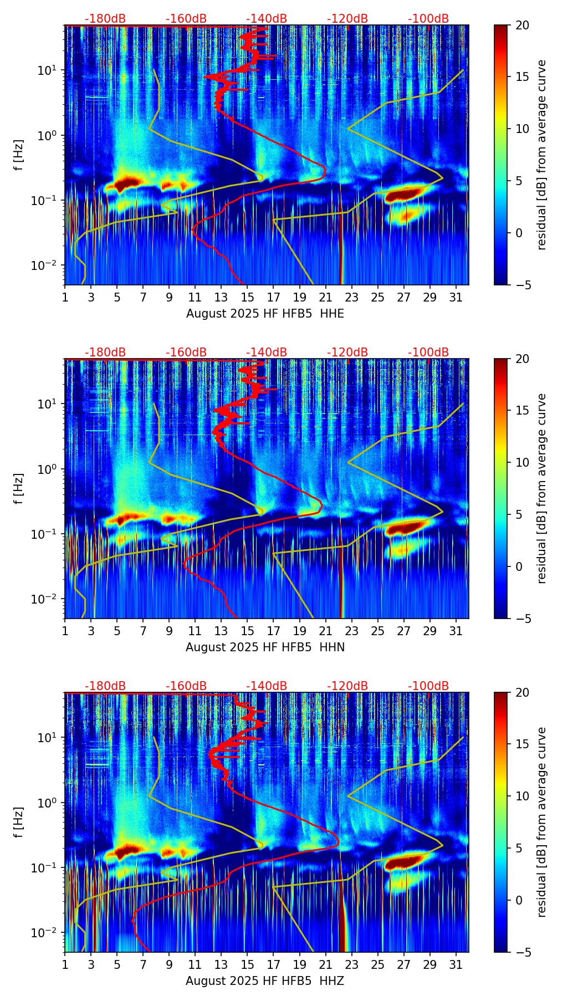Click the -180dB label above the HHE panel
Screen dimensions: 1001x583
click(x=105, y=19)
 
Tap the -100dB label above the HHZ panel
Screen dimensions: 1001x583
click(x=428, y=686)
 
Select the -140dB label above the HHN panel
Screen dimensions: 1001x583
click(x=267, y=353)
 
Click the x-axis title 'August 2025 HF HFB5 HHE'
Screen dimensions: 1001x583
click(x=265, y=314)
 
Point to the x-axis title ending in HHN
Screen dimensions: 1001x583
click(x=265, y=647)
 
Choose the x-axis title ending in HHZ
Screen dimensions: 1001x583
click(x=265, y=981)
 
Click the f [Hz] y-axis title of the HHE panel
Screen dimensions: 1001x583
click(x=19, y=155)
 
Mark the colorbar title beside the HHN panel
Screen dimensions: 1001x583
click(x=541, y=488)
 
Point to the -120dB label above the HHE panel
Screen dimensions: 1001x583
click(x=347, y=19)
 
